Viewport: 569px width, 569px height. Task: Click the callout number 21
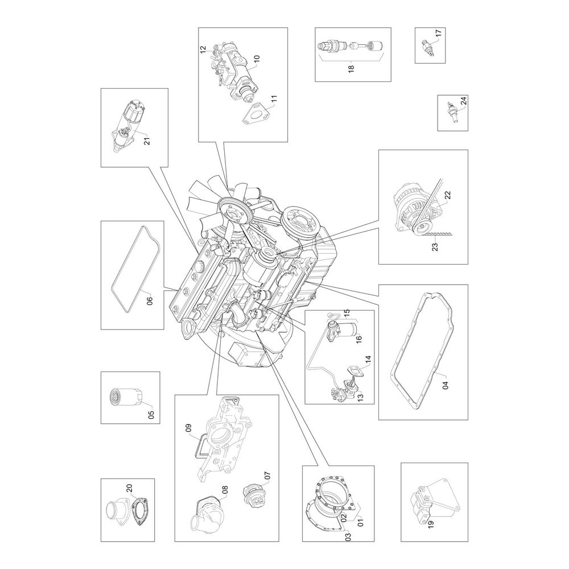pyautogui.click(x=147, y=141)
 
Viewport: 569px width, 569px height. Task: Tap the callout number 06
pyautogui.click(x=150, y=300)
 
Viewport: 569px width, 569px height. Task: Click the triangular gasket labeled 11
pyautogui.click(x=255, y=114)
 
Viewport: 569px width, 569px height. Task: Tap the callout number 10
pyautogui.click(x=257, y=60)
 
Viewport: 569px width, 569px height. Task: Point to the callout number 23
pyautogui.click(x=435, y=247)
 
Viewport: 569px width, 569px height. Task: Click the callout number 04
pyautogui.click(x=446, y=384)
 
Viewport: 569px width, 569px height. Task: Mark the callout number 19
pyautogui.click(x=431, y=524)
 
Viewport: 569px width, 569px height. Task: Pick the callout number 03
pyautogui.click(x=348, y=537)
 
